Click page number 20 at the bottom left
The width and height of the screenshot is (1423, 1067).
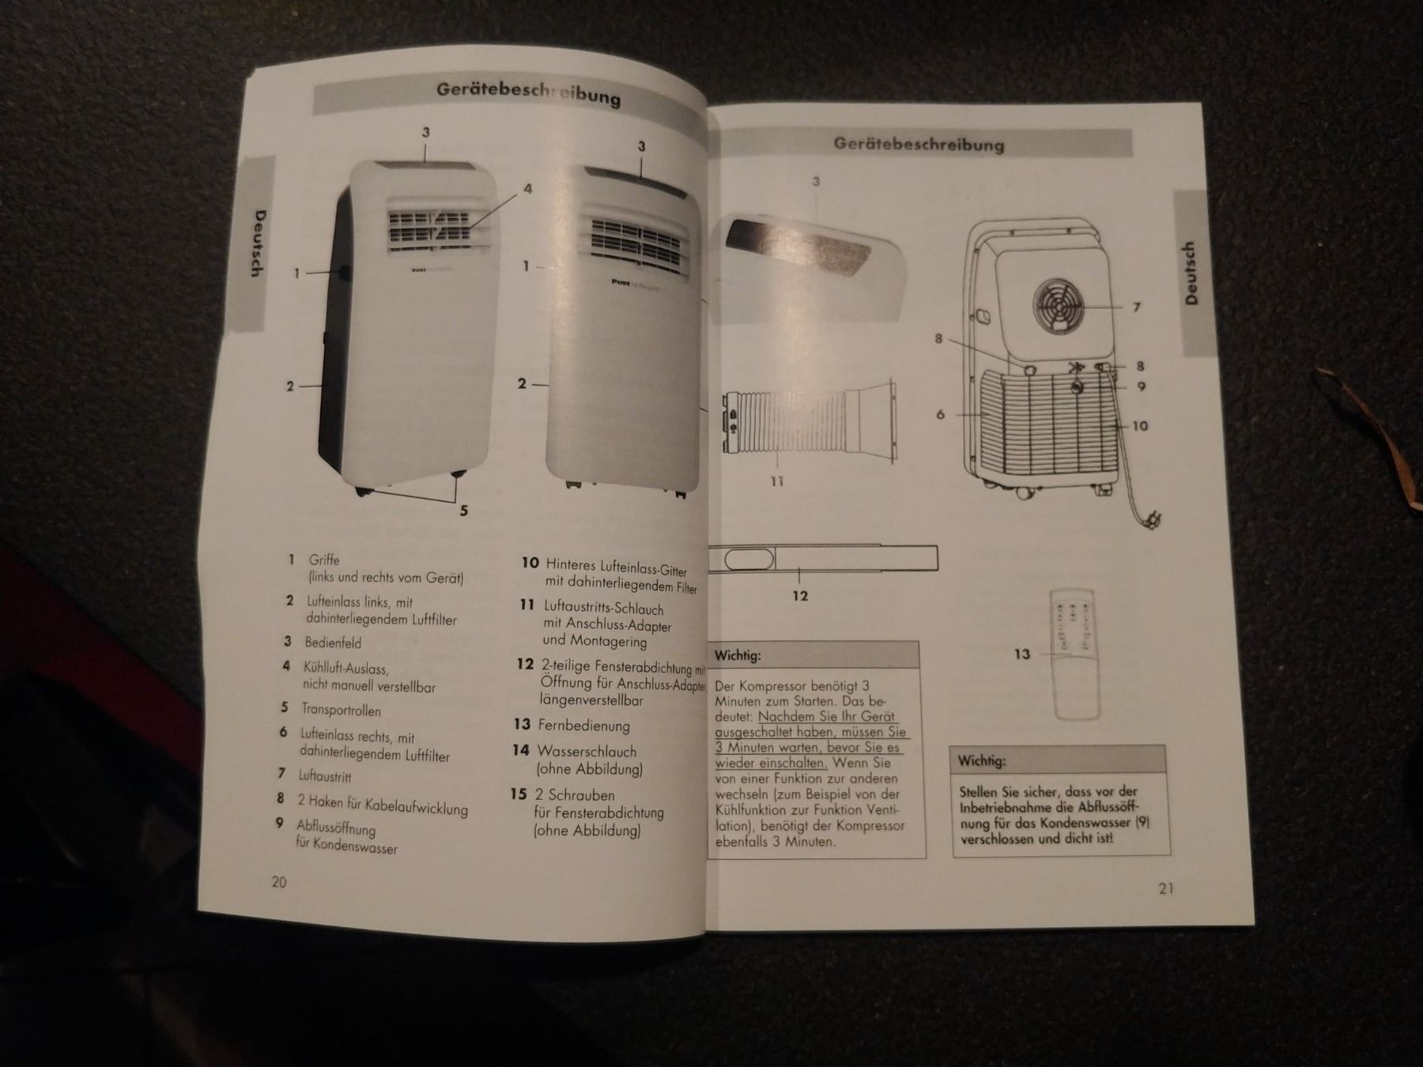(279, 882)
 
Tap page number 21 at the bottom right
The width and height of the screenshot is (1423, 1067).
(1166, 888)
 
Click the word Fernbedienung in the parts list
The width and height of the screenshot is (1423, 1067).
(583, 726)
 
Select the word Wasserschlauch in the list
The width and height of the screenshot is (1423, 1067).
(586, 751)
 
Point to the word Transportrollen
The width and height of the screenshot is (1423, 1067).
(341, 710)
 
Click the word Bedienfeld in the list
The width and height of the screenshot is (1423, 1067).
(333, 643)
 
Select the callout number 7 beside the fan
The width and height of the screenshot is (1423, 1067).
(1137, 307)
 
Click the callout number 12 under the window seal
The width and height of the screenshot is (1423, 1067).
(800, 596)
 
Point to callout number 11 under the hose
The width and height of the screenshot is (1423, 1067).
(777, 481)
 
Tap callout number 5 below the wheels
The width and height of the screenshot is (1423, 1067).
(464, 511)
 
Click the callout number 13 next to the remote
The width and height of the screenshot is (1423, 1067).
(1022, 654)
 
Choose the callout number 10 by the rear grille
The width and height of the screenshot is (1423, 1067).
(1140, 426)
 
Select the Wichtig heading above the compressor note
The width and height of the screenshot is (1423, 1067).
(738, 656)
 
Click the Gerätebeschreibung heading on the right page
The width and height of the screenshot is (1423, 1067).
(919, 145)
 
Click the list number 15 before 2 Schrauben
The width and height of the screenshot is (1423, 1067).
(519, 794)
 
